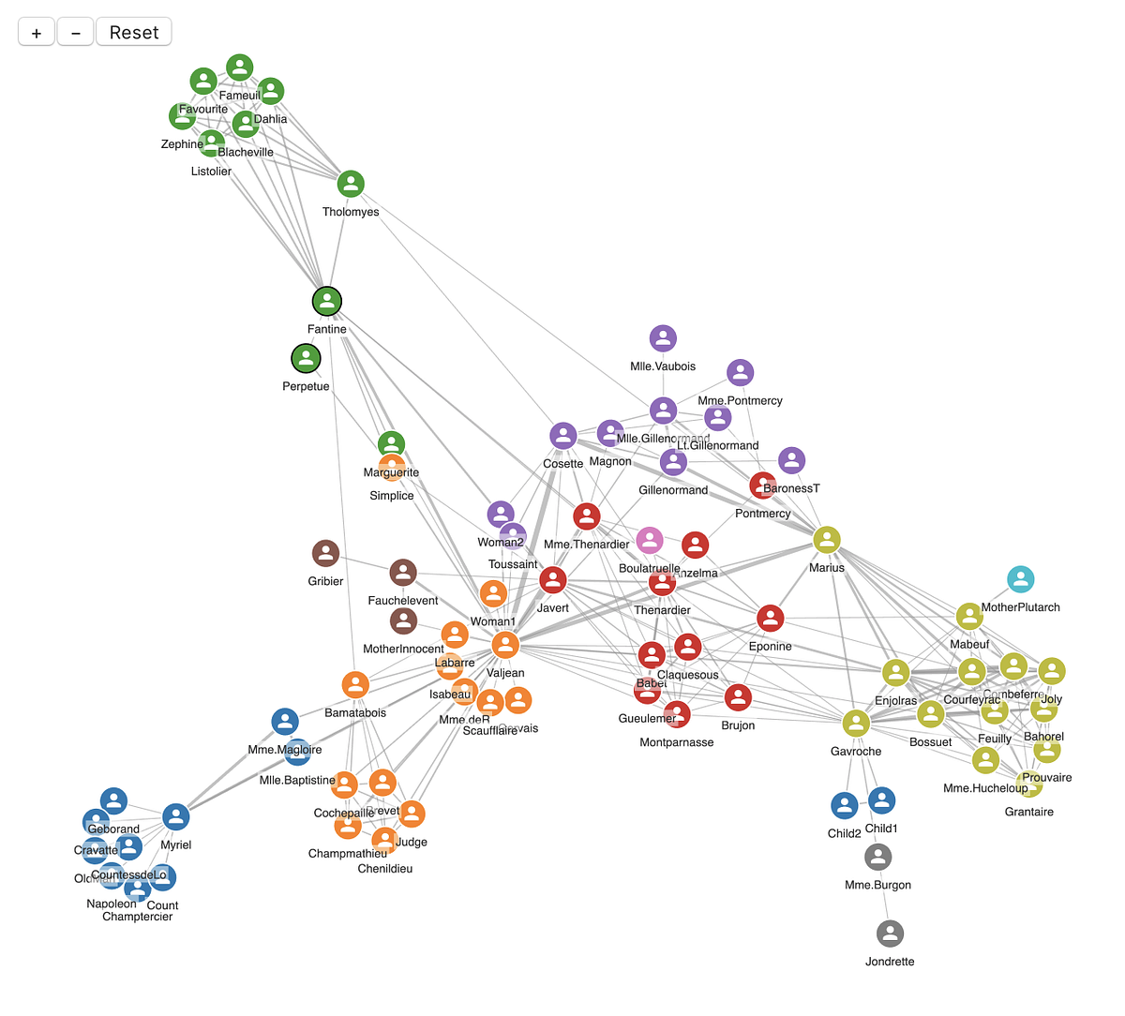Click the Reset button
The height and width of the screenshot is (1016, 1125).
coord(134,32)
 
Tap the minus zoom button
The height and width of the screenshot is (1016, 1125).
coord(75,32)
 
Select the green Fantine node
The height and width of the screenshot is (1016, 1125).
coord(327,301)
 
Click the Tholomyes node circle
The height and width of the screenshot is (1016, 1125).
coord(351,184)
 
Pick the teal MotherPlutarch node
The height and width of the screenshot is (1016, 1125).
coord(1020,579)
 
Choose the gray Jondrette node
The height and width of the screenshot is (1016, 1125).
coord(890,934)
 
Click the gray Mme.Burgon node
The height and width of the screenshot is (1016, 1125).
coord(877,857)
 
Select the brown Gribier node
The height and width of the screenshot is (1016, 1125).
coord(325,553)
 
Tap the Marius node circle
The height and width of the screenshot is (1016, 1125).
coord(826,539)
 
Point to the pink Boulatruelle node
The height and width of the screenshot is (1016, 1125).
coord(650,540)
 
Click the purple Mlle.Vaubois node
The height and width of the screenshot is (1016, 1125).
coord(663,338)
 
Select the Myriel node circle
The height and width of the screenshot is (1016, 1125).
coord(176,816)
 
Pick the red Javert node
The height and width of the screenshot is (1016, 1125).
coord(553,580)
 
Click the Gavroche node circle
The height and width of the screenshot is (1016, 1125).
coord(855,723)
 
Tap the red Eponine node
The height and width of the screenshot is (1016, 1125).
coord(770,618)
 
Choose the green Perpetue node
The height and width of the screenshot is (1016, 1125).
coord(306,358)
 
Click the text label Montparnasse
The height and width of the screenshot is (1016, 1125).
coord(676,742)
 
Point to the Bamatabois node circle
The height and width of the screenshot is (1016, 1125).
coord(355,684)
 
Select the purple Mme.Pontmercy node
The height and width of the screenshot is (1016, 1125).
coord(740,372)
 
